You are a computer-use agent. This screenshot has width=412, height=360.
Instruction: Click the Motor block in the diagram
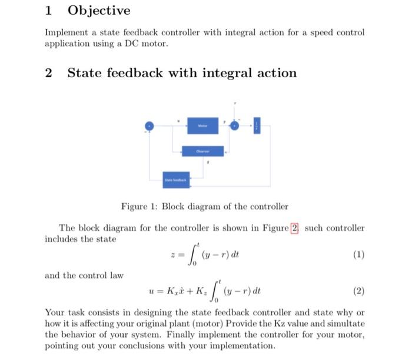(203, 125)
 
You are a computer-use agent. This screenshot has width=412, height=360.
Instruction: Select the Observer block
(202, 151)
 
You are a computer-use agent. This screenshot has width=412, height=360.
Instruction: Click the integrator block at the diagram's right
(256, 125)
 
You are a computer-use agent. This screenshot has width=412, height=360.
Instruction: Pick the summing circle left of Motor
(150, 125)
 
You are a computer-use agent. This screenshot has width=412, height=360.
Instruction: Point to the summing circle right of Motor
(235, 125)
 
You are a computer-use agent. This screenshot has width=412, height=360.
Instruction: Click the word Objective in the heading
(99, 11)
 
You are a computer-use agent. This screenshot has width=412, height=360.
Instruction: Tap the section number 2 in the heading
(49, 73)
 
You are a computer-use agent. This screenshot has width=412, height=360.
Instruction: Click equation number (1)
(359, 255)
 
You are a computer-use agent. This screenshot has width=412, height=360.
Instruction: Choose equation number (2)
(359, 290)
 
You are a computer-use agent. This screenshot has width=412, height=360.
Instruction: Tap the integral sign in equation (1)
(191, 256)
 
